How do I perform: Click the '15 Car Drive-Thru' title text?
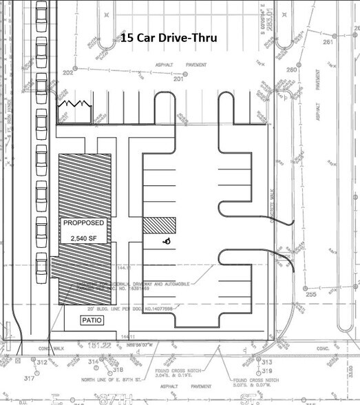[169, 39]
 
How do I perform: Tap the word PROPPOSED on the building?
[83, 224]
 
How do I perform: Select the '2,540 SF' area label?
[83, 238]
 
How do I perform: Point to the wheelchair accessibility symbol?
[166, 242]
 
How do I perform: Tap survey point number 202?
[68, 72]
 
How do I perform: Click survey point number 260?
[291, 70]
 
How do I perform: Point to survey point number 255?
[310, 293]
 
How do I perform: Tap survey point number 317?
[30, 378]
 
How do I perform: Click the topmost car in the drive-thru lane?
[41, 10]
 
